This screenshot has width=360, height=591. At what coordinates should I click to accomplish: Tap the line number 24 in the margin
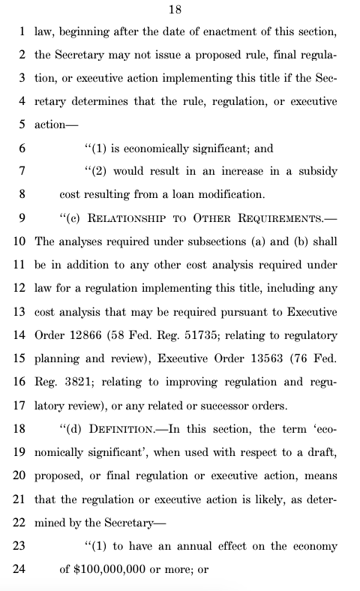click(x=19, y=569)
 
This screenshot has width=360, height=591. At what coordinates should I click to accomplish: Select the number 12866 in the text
click(x=90, y=335)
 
